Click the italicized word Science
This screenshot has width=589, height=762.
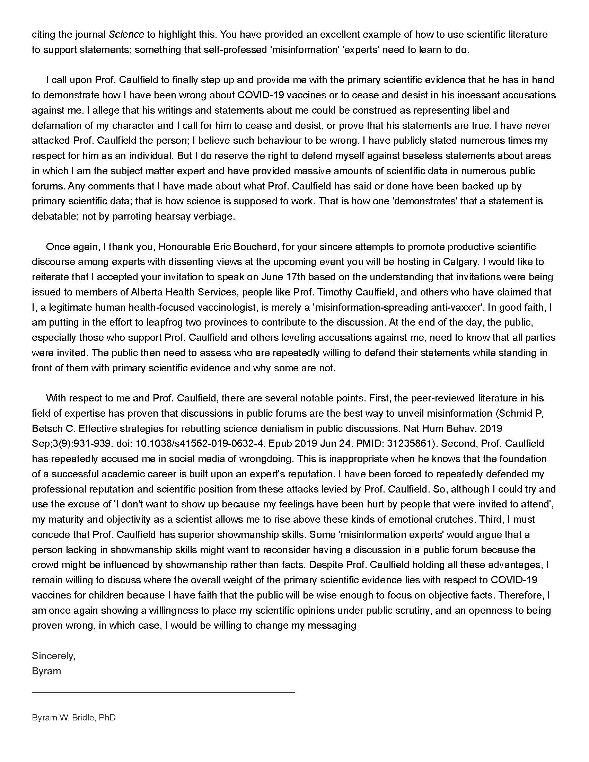point(126,35)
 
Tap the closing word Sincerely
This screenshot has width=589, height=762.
point(53,656)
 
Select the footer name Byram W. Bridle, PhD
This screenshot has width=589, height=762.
point(73,718)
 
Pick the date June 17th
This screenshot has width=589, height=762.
point(283,277)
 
